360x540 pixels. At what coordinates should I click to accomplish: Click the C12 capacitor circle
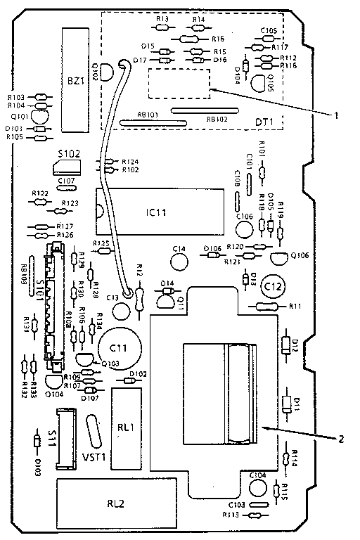coord(274,286)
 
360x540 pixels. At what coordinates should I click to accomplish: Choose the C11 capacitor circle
coord(117,347)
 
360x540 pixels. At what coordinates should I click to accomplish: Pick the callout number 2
coord(340,439)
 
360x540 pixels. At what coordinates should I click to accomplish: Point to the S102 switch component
coord(67,167)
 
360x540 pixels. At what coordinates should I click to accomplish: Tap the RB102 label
coord(217,120)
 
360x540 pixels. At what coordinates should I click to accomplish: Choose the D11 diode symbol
coord(287,404)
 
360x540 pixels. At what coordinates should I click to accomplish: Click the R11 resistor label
coord(295,307)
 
